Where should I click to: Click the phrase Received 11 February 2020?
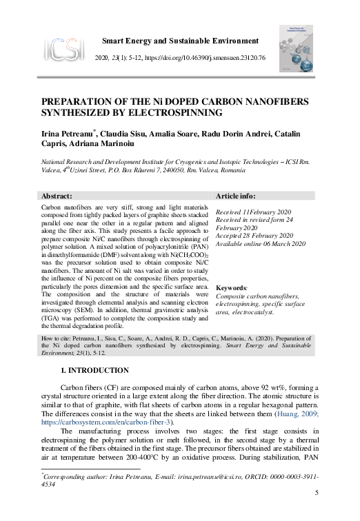pyautogui.click(x=253, y=212)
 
